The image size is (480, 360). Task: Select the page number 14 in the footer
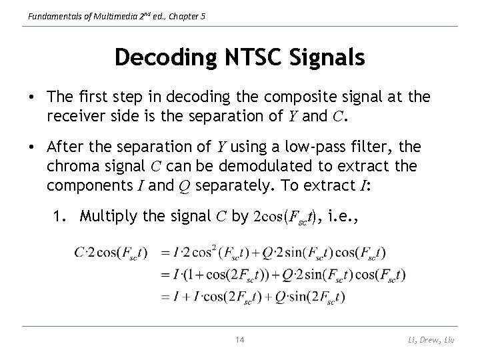point(240,341)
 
